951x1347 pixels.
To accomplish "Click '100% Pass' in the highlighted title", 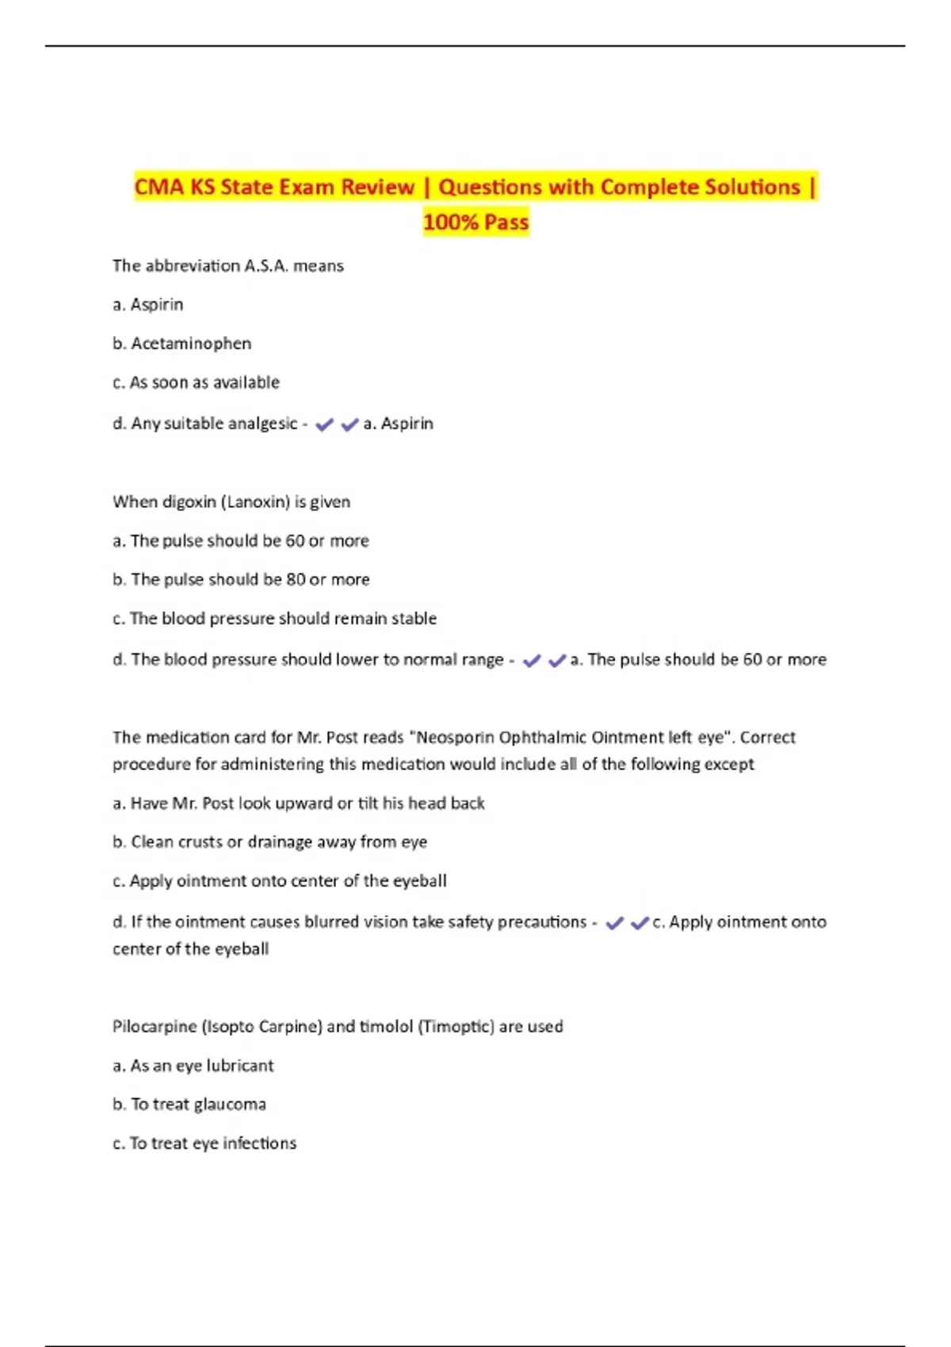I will pyautogui.click(x=475, y=222).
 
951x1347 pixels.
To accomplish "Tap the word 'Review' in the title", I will pyautogui.click(x=377, y=187).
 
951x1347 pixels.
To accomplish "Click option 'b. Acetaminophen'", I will pyautogui.click(x=182, y=344).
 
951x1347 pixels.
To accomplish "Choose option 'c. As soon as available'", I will pyautogui.click(x=196, y=383).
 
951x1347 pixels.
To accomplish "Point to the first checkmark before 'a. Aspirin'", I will pyautogui.click(x=324, y=425).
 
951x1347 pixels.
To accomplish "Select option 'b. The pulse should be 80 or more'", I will pyautogui.click(x=241, y=580).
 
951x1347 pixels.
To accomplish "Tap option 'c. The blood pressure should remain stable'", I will pyautogui.click(x=274, y=619).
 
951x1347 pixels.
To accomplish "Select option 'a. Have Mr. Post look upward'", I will pyautogui.click(x=298, y=803).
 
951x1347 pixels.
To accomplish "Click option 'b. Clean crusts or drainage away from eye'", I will pyautogui.click(x=269, y=842).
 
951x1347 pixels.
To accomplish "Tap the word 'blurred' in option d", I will pyautogui.click(x=332, y=922).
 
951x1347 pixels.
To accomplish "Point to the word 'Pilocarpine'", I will pyautogui.click(x=154, y=1027).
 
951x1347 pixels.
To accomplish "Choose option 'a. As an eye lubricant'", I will pyautogui.click(x=193, y=1066).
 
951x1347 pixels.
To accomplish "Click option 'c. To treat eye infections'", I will pyautogui.click(x=204, y=1143).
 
